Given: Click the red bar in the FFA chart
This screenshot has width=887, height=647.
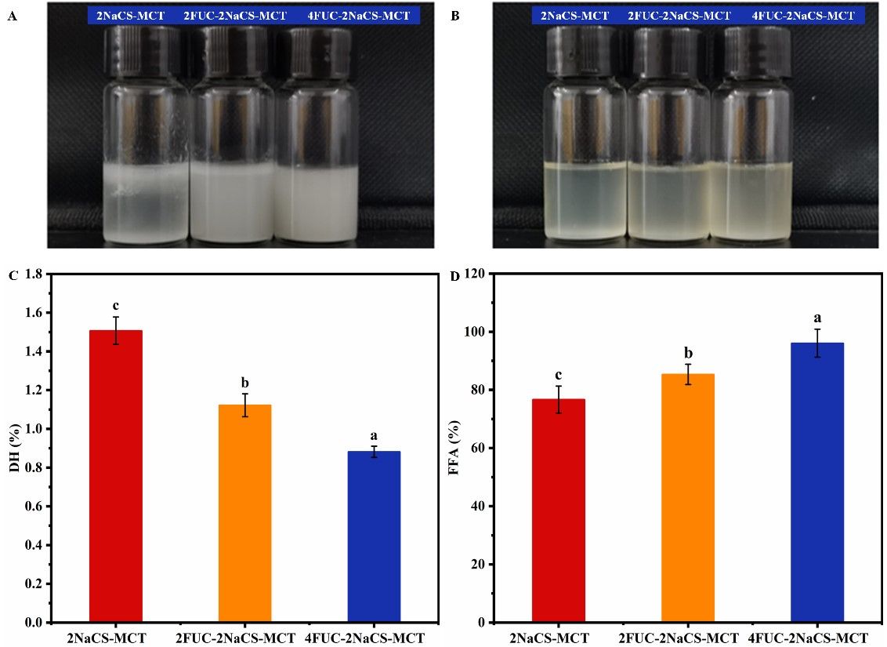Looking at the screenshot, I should point(558,511).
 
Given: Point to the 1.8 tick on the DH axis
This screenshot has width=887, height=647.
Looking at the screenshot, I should point(34,274).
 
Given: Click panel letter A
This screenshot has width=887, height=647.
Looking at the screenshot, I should point(11,16).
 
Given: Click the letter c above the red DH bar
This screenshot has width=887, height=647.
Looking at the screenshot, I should point(116,306).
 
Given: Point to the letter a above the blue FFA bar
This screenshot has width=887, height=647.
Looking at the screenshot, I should point(816,318).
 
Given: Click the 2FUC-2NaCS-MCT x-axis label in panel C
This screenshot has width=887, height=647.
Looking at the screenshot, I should point(244,638).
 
